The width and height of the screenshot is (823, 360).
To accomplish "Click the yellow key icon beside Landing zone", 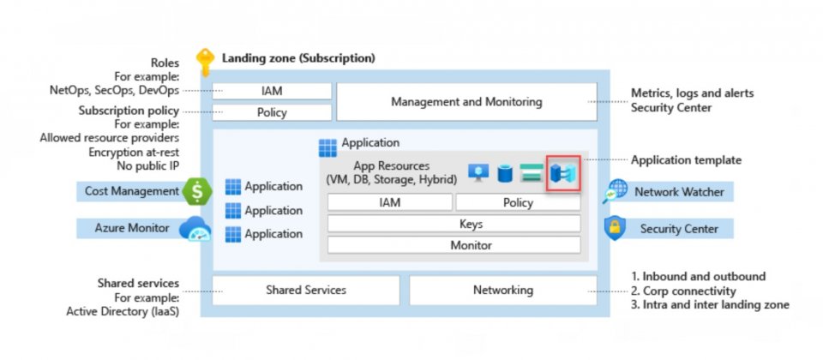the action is tap(205, 63).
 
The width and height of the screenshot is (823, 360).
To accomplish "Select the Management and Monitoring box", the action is tap(466, 102).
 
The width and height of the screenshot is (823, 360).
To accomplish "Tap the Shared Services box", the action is tap(305, 291).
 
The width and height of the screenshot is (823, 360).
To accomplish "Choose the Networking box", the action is tap(503, 291).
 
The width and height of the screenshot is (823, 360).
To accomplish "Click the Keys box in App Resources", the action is tap(454, 224).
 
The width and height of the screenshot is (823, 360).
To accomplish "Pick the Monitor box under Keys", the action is tap(454, 245).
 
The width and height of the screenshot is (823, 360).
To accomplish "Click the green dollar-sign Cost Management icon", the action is tap(197, 191).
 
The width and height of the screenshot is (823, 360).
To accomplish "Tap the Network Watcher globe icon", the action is tap(615, 191).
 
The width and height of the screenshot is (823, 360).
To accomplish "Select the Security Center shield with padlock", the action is tap(615, 228).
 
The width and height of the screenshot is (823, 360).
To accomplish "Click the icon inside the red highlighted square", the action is tap(562, 173).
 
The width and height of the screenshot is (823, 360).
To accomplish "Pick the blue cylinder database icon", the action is tap(505, 173).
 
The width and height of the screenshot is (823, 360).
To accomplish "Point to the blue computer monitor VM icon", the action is tap(478, 172).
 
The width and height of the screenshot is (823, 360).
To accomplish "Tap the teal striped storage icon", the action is tap(532, 173).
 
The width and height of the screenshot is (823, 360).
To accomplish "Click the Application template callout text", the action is tap(686, 160).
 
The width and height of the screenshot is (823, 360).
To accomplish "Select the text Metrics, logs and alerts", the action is tap(693, 93).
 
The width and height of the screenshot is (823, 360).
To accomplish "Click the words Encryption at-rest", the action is tap(134, 153).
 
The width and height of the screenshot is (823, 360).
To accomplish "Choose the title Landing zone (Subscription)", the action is tap(298, 57).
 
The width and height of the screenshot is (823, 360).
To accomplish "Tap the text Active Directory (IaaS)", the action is tap(123, 312).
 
